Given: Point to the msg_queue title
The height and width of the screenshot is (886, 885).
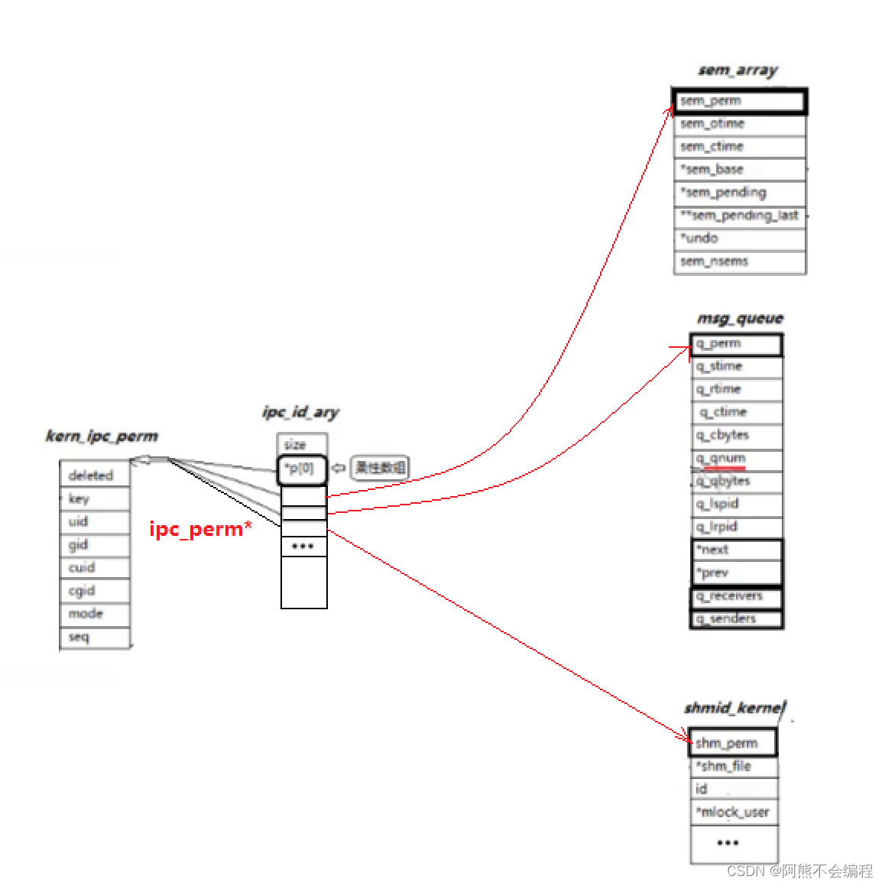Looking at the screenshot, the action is point(740,319).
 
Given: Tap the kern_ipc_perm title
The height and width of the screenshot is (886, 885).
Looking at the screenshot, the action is point(102,437).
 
